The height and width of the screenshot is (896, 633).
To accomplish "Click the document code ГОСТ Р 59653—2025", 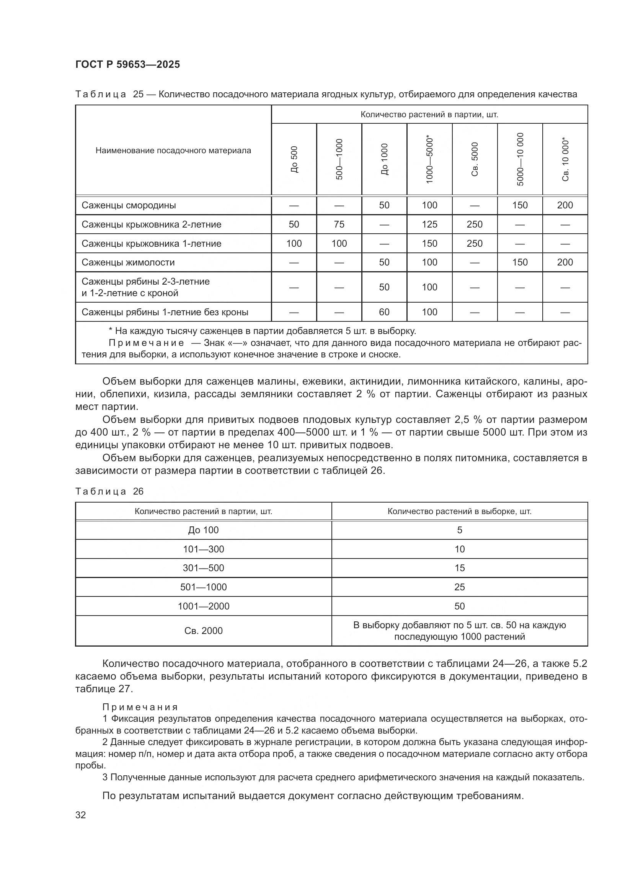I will point(127,64).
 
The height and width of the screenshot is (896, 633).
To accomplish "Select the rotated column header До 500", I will point(294,159).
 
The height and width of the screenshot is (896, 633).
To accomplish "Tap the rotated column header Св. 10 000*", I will point(565,159).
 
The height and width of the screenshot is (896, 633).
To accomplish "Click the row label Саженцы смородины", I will point(129,205).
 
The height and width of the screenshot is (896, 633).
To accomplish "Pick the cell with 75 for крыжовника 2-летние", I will point(339,224).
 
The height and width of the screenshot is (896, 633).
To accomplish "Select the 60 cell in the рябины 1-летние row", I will point(384,312).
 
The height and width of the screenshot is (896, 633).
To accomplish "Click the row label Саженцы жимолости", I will point(128,262).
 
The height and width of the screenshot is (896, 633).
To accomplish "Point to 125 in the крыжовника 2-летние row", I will point(429,224).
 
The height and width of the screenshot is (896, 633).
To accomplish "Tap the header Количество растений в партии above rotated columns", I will point(429,114).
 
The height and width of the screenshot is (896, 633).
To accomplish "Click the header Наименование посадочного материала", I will point(173,151).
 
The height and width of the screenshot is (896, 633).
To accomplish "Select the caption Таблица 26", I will point(109,491).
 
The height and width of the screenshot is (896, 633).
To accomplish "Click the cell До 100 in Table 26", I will point(204,530).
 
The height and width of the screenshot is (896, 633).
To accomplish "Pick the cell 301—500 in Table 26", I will point(204,568).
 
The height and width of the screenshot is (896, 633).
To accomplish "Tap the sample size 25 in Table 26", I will point(460,587).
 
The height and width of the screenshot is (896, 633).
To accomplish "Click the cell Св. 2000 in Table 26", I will point(204,631).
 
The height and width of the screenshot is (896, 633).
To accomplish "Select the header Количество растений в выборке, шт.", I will point(460,511).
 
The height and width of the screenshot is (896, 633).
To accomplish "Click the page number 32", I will point(81,815).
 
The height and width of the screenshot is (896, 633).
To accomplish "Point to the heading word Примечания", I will point(140,707).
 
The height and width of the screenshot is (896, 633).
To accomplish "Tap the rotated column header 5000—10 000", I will point(520,159).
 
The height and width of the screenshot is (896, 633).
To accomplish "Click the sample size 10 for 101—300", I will point(460,549).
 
